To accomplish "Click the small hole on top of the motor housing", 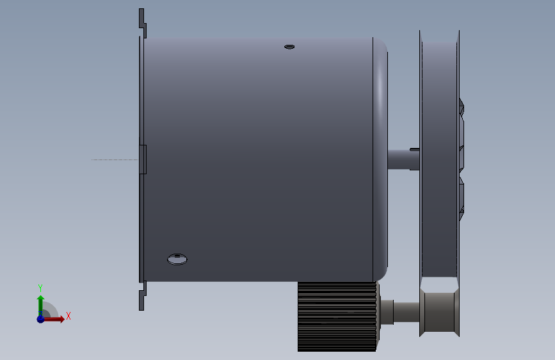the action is [x=289, y=47].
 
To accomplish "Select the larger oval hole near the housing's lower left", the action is [x=177, y=259].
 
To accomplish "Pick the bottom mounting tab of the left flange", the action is [x=142, y=296].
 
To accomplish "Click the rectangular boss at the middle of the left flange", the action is [x=143, y=160].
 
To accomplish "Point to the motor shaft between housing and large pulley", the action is [x=403, y=160].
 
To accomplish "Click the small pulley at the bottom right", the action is [x=439, y=312].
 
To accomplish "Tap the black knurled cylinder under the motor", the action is [x=337, y=316].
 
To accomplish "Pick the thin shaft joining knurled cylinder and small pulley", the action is [x=406, y=312].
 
